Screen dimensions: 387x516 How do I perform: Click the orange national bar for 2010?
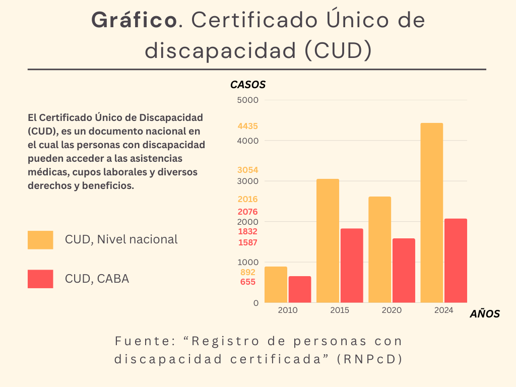click(x=276, y=285)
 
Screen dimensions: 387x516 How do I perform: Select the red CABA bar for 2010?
click(x=300, y=289)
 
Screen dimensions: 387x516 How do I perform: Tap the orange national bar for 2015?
click(x=328, y=241)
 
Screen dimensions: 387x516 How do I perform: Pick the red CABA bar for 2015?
click(x=352, y=266)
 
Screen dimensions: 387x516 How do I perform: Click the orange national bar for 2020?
click(x=379, y=249)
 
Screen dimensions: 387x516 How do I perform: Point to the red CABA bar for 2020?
click(x=404, y=271)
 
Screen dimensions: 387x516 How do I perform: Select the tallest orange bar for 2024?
click(x=432, y=213)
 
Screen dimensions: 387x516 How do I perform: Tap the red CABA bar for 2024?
click(x=456, y=261)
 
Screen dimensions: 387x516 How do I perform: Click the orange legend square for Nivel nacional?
click(x=40, y=240)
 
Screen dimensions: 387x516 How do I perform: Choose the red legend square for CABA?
click(x=40, y=279)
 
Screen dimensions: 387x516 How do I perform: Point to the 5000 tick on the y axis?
click(x=247, y=100)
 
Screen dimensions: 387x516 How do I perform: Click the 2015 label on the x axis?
click(x=340, y=310)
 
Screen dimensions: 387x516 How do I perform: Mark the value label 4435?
click(x=248, y=126)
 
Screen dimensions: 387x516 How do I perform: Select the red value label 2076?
click(x=247, y=212)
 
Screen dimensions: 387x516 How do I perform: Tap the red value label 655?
click(x=247, y=282)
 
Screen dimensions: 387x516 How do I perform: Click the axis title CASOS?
click(x=248, y=85)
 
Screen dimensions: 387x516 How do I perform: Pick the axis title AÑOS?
click(x=485, y=314)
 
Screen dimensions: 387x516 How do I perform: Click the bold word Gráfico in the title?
click(x=134, y=20)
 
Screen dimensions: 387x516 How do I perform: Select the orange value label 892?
click(x=247, y=272)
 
